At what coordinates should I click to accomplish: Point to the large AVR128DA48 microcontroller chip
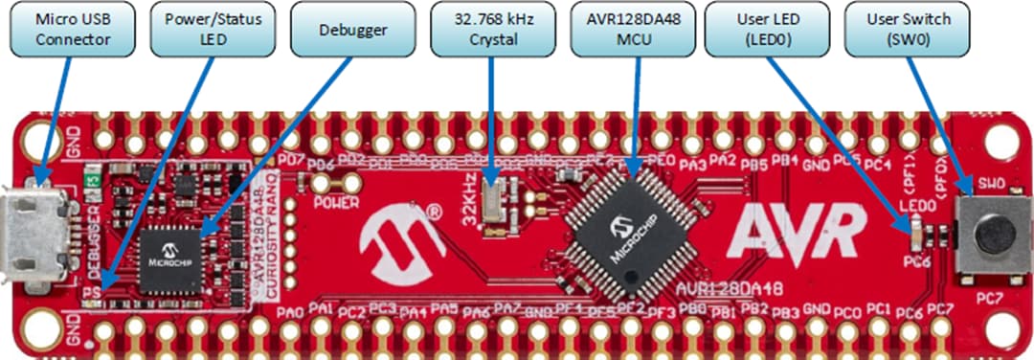(x=626, y=229)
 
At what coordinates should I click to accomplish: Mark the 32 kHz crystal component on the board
(x=493, y=202)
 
